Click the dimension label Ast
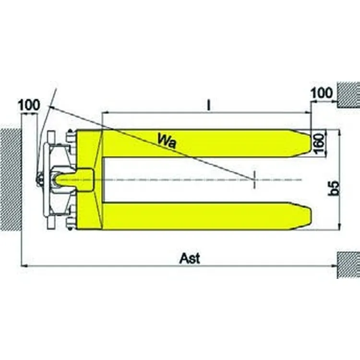pyautogui.click(x=190, y=258)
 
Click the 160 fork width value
pyautogui.click(x=320, y=143)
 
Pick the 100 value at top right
pyautogui.click(x=322, y=93)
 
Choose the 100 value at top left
pyautogui.click(x=29, y=105)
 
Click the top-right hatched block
pyautogui.click(x=348, y=94)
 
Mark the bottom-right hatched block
pyautogui.click(x=348, y=264)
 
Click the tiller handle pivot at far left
pyautogui.click(x=39, y=180)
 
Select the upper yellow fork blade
pyautogui.click(x=202, y=143)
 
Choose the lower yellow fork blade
pyautogui.click(x=202, y=216)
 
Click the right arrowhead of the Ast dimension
pyautogui.click(x=336, y=265)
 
